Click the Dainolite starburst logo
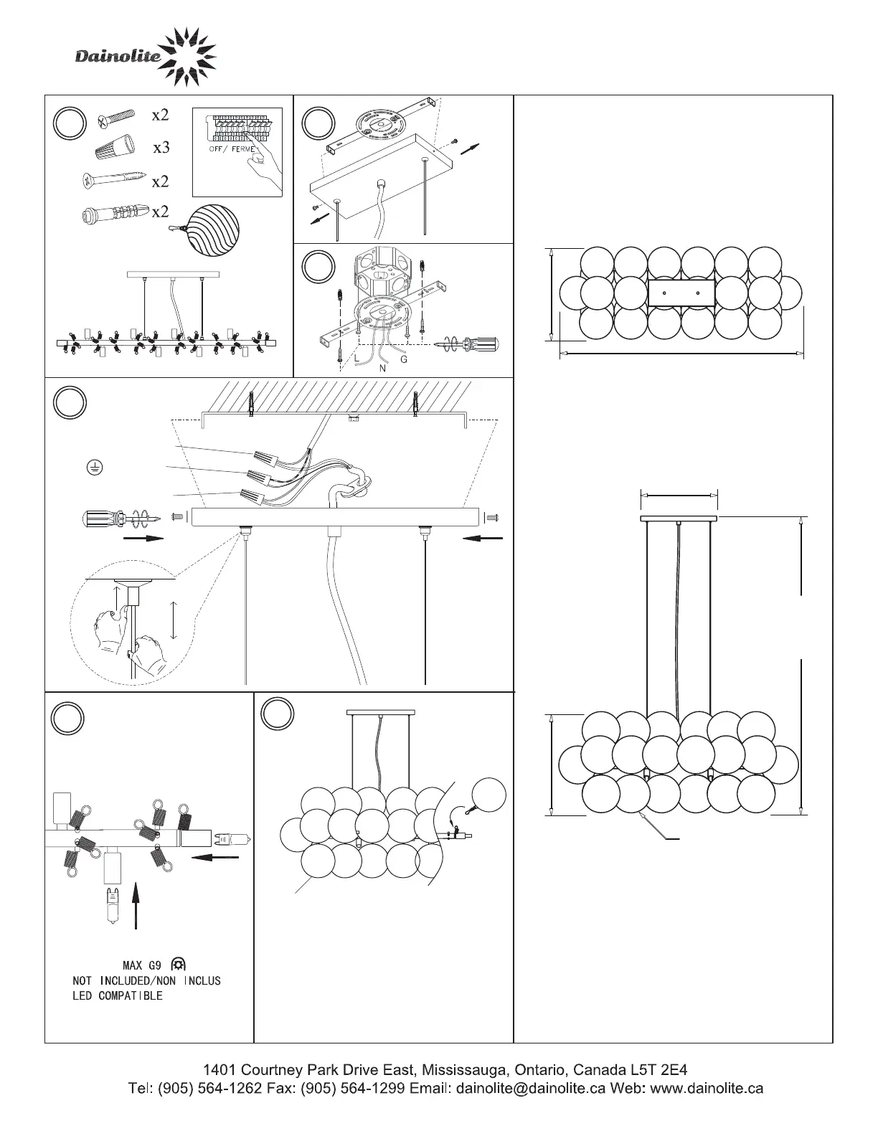coord(186,55)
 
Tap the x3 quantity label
coord(161,148)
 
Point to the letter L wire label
coord(356,357)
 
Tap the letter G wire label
coord(404,359)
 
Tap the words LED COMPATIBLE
coord(118,996)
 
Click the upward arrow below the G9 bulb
coord(136,906)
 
